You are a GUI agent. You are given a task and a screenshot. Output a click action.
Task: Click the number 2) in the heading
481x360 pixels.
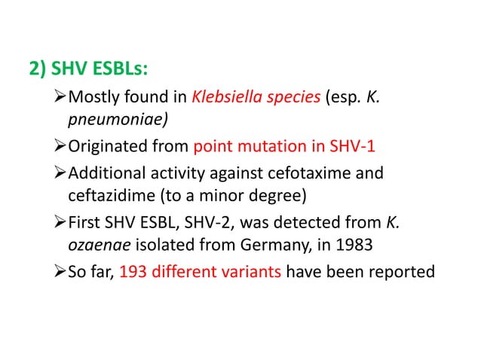36,72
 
